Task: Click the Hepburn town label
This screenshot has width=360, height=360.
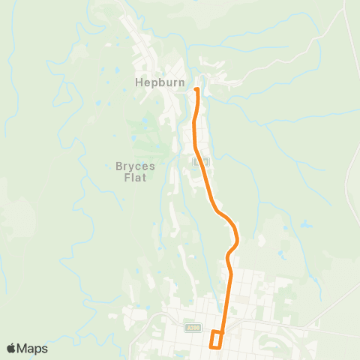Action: [159, 83]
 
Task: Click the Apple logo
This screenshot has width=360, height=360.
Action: [11, 348]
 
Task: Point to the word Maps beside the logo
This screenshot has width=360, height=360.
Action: [33, 349]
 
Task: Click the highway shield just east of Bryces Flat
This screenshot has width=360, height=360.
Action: [199, 161]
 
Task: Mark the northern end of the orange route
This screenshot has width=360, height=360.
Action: [196, 90]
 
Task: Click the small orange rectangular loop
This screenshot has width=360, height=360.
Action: [217, 339]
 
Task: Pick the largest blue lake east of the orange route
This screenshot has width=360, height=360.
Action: [306, 223]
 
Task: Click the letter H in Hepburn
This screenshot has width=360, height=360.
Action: [139, 83]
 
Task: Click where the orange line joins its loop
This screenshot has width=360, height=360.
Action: [223, 331]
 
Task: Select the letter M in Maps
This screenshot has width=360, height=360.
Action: [22, 349]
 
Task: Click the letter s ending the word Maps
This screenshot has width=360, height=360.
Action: [44, 349]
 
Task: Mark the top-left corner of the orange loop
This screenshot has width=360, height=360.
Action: [211, 331]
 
